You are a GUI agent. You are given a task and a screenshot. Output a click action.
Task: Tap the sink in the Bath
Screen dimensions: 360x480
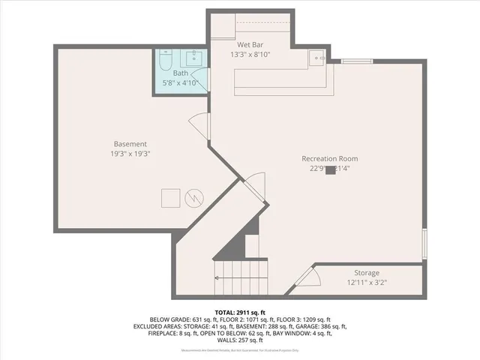[193, 58]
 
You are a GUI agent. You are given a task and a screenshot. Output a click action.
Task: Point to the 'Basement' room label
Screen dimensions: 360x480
[130, 143]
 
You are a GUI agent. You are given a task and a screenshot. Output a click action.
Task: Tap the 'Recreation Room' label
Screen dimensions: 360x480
[329, 158]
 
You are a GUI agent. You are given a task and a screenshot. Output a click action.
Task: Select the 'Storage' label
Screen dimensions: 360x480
[367, 272]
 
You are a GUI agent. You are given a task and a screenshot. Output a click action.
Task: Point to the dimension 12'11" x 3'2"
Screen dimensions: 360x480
[367, 283]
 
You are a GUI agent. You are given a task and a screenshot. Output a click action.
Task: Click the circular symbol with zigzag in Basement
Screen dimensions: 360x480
[194, 197]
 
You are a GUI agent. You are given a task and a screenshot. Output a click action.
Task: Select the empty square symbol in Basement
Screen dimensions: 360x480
[170, 197]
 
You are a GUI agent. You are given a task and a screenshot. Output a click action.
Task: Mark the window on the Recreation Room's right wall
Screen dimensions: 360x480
[424, 244]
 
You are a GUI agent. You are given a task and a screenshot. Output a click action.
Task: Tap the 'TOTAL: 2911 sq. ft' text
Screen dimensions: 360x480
[239, 311]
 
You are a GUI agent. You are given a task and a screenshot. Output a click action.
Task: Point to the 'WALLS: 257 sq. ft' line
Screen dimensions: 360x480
[239, 341]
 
